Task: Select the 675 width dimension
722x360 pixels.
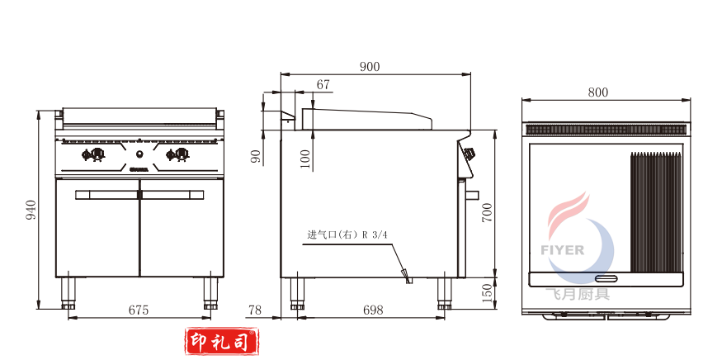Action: pos(138,310)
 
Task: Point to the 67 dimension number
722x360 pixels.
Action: pos(323,84)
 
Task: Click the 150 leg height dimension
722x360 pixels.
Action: pos(486,291)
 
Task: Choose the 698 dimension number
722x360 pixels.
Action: pos(373,310)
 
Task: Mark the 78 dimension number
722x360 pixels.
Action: pos(255,310)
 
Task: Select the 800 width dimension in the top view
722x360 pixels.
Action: pos(598,92)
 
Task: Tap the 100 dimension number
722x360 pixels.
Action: pos(305,159)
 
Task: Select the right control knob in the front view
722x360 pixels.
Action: pos(181,154)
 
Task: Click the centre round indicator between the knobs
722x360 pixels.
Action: pos(139,154)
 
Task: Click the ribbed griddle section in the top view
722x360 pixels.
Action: pos(657,212)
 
